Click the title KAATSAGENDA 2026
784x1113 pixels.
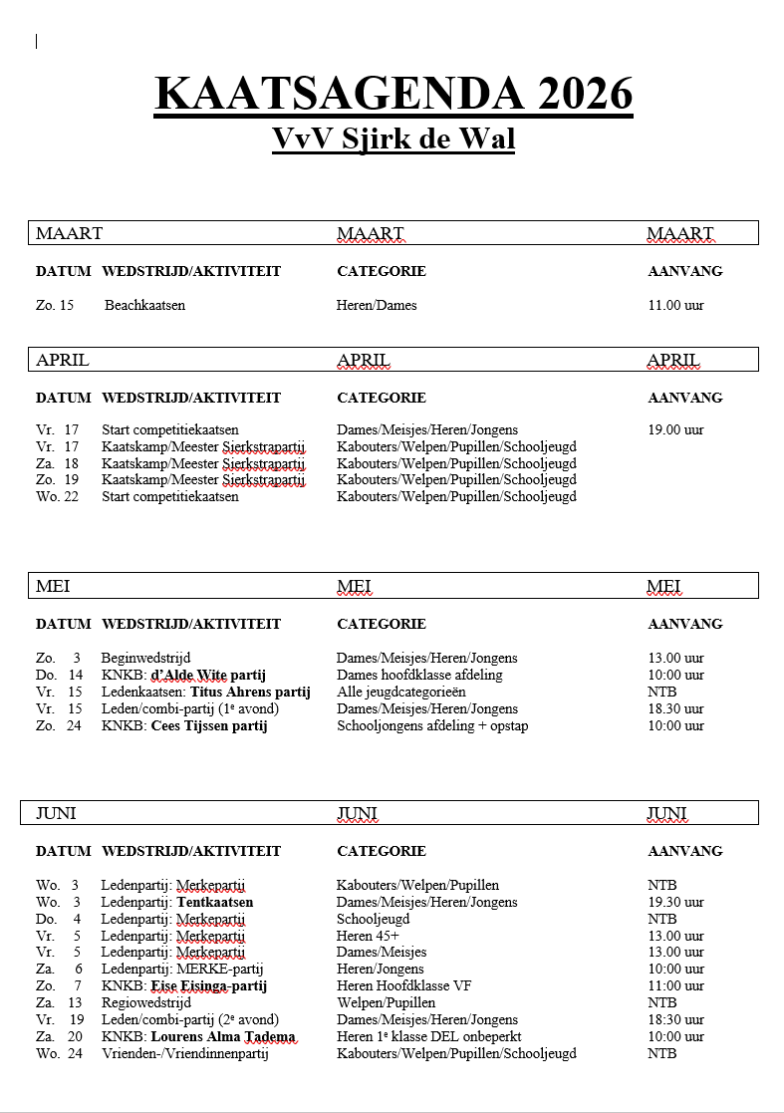pyautogui.click(x=393, y=95)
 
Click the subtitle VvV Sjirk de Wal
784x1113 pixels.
pyautogui.click(x=393, y=138)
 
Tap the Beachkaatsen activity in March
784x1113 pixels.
pyautogui.click(x=144, y=305)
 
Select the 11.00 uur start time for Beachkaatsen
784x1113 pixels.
pyautogui.click(x=675, y=305)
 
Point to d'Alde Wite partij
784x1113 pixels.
pyautogui.click(x=208, y=675)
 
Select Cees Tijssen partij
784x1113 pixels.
pyautogui.click(x=209, y=725)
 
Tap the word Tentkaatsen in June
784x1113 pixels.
pyautogui.click(x=215, y=902)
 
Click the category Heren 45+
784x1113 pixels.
pyautogui.click(x=368, y=936)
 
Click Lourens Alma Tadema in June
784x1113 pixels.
pyautogui.click(x=223, y=1036)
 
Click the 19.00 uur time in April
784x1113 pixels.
pyautogui.click(x=675, y=430)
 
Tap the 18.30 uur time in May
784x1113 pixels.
pyautogui.click(x=675, y=708)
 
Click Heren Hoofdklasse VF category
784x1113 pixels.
pyautogui.click(x=403, y=986)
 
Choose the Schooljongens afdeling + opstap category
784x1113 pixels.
pyautogui.click(x=432, y=725)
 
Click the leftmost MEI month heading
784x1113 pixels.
pyautogui.click(x=53, y=586)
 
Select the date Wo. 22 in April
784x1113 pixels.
pyautogui.click(x=57, y=496)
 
